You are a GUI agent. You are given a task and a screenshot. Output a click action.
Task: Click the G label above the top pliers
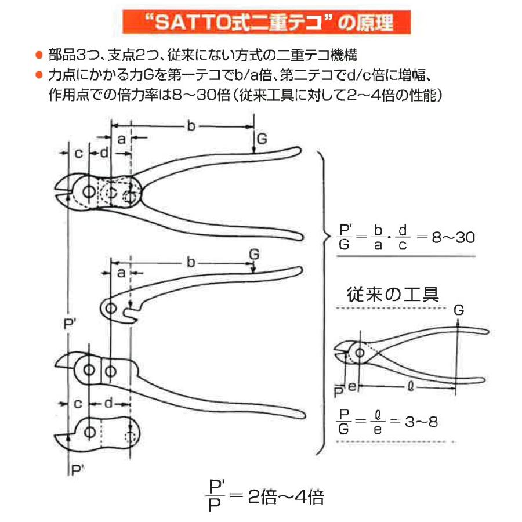coord(262,139)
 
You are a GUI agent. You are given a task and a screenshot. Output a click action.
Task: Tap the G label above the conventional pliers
coord(458,310)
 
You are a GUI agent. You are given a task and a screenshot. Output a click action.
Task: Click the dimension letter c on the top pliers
coord(78,153)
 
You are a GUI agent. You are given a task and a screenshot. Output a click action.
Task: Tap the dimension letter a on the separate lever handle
coord(121,273)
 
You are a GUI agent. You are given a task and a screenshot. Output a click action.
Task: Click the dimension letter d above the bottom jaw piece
coord(108,401)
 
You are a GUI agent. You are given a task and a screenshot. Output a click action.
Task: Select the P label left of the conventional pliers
coord(339,392)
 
